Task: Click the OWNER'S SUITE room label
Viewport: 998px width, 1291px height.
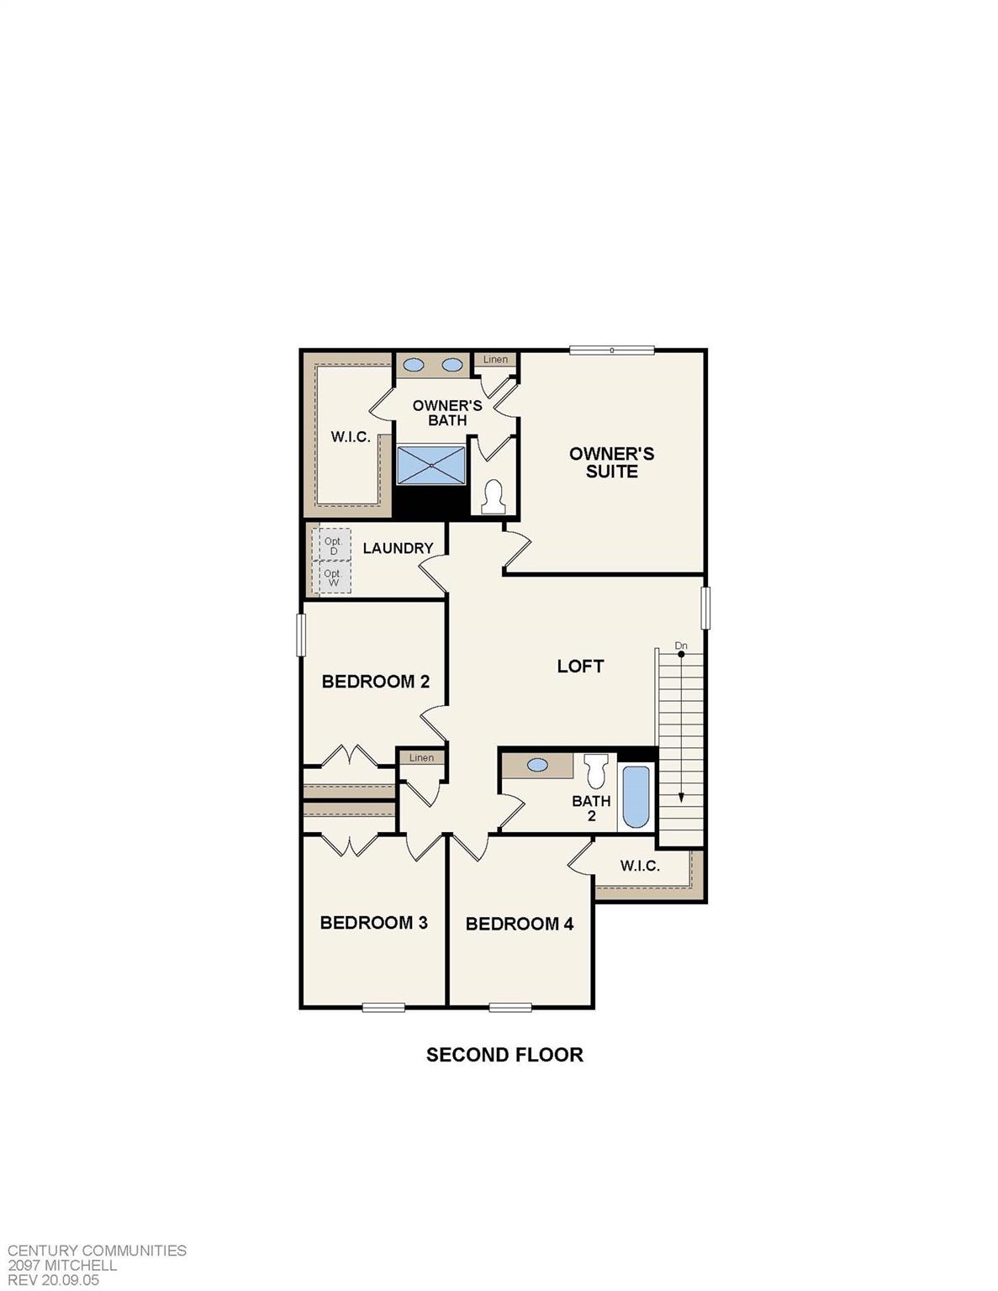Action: [x=611, y=462]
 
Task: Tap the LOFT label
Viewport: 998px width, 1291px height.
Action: [x=580, y=666]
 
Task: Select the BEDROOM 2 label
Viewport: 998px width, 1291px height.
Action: [x=375, y=681]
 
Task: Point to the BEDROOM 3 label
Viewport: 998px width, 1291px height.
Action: [x=373, y=922]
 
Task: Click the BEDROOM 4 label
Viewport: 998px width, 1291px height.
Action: [x=519, y=924]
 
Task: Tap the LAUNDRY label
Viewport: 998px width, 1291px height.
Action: [x=398, y=548]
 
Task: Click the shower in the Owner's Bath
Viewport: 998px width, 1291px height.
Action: [x=430, y=465]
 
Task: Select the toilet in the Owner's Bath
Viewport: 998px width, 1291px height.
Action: [x=494, y=497]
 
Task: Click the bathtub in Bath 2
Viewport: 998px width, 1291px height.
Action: [x=636, y=797]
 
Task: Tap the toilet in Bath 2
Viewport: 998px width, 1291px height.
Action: [x=596, y=769]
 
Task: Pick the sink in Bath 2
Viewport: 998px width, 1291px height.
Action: [x=536, y=766]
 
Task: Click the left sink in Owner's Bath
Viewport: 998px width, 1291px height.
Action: [x=413, y=365]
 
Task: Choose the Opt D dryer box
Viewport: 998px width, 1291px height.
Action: [x=332, y=545]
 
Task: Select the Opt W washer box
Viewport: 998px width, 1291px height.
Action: [x=332, y=577]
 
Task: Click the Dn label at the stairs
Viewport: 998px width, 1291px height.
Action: [x=681, y=645]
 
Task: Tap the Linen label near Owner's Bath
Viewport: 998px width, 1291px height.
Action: [x=495, y=360]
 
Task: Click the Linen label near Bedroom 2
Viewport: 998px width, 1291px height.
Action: [x=421, y=757]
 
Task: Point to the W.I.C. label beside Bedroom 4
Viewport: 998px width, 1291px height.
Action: [x=640, y=866]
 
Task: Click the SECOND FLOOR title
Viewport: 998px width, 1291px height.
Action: [x=504, y=1055]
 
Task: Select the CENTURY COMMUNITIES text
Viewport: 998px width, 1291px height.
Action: [x=97, y=1251]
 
